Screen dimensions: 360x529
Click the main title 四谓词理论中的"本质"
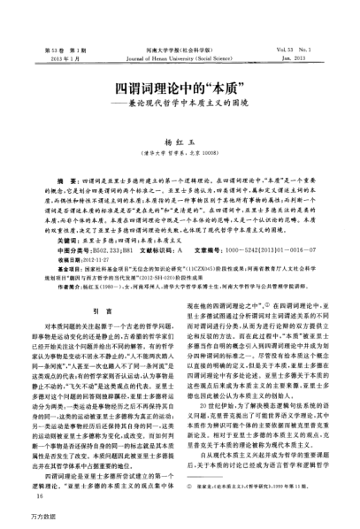180,90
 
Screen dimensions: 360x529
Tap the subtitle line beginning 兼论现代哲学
185,107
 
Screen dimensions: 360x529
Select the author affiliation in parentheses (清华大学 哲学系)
179,141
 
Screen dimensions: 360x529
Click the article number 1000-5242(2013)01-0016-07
269,225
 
